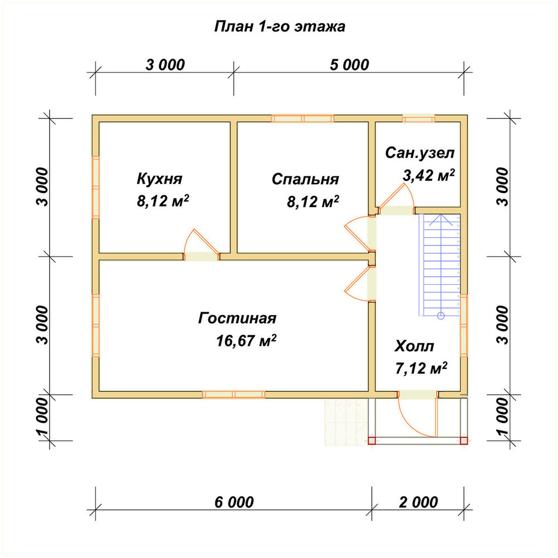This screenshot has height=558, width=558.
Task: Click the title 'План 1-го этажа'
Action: (x=280, y=27)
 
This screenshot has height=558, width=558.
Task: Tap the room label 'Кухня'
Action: (x=160, y=179)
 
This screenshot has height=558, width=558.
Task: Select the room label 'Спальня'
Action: (x=305, y=179)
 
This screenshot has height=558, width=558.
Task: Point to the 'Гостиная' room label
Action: (x=237, y=318)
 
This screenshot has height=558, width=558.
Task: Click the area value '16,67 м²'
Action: (x=246, y=340)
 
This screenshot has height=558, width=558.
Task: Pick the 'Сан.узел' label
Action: (x=420, y=153)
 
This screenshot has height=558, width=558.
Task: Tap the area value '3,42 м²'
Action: (x=429, y=175)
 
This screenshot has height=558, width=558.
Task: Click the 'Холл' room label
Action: (x=414, y=347)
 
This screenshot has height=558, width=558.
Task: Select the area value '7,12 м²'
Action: (x=421, y=368)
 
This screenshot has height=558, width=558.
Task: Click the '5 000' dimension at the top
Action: (x=349, y=65)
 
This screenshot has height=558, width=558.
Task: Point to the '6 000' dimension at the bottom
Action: (x=234, y=502)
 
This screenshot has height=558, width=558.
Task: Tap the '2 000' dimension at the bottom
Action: (x=419, y=502)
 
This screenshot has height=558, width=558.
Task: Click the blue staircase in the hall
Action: (x=440, y=266)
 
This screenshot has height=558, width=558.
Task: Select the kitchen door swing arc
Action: (x=187, y=239)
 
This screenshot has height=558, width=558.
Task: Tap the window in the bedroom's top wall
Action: (x=303, y=118)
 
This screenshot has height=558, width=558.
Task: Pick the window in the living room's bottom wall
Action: (x=234, y=395)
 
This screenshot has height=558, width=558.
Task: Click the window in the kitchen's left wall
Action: (x=96, y=187)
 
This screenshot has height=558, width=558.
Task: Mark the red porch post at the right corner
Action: (x=464, y=441)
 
